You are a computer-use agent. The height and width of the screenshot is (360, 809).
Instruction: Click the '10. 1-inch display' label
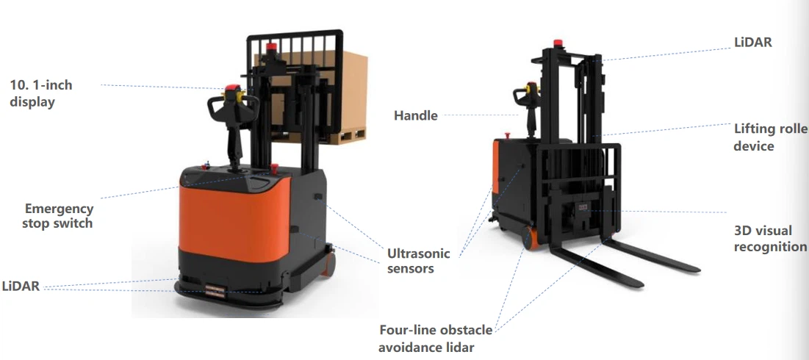tap(41, 93)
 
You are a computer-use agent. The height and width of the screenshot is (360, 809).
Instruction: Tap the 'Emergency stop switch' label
tap(58, 216)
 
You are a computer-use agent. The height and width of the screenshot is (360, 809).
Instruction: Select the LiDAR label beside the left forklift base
tap(21, 287)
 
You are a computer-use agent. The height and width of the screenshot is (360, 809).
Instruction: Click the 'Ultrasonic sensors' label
tap(418, 261)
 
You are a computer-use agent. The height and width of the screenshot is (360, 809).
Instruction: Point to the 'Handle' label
tap(416, 115)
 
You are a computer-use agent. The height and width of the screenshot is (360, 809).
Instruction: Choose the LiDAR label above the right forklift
tap(753, 43)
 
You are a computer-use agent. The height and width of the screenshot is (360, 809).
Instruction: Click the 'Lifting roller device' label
tap(771, 137)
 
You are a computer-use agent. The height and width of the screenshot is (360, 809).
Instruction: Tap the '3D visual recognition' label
tap(770, 238)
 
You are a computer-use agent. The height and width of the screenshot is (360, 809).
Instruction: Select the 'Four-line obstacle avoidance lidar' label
tap(436, 339)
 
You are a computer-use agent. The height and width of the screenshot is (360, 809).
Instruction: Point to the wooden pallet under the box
tap(330, 136)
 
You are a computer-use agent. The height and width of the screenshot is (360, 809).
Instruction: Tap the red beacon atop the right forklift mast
tap(558, 43)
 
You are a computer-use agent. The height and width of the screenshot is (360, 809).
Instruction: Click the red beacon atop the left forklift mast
tap(271, 48)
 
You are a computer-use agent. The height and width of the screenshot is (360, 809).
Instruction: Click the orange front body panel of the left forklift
tap(233, 217)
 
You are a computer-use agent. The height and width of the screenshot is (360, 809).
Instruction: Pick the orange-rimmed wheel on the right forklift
tap(529, 238)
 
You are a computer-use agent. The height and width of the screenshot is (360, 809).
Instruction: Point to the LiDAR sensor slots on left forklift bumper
tap(215, 291)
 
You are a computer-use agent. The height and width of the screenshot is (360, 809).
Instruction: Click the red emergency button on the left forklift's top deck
tap(274, 168)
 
